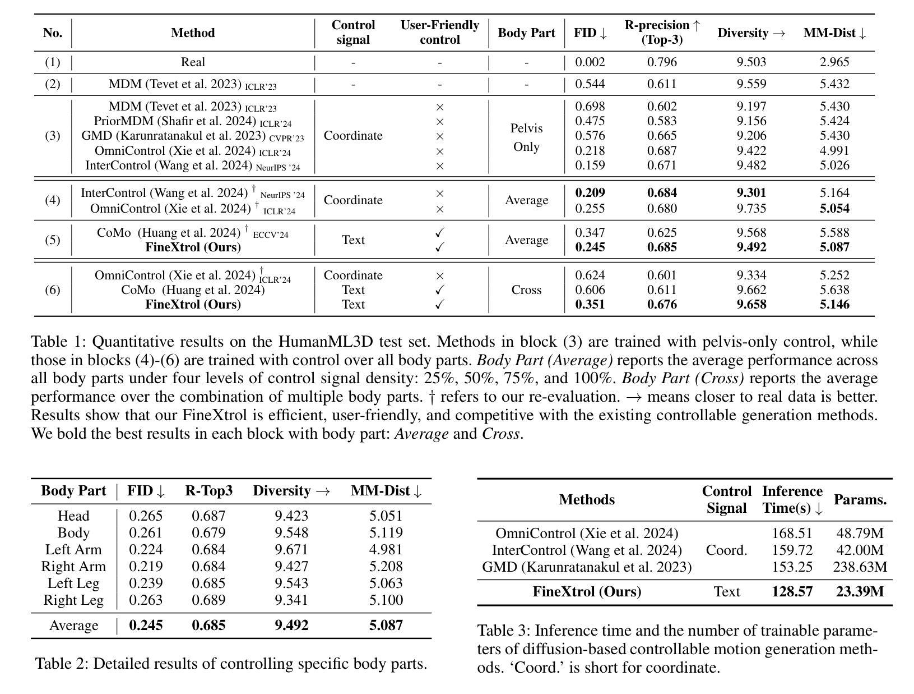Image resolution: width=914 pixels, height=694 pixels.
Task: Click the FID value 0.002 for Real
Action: (x=590, y=62)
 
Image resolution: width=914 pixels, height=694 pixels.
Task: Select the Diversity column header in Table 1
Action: (x=751, y=33)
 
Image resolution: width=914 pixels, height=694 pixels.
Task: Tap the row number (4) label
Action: (x=53, y=200)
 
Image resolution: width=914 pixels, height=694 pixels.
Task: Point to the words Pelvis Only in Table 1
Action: (x=526, y=137)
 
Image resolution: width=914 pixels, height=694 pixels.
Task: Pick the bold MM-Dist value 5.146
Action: (x=834, y=305)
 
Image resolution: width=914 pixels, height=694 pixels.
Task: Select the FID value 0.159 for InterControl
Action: (x=590, y=166)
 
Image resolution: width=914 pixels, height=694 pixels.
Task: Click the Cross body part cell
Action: (x=526, y=290)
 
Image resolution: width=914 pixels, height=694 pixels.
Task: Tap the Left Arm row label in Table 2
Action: (x=73, y=550)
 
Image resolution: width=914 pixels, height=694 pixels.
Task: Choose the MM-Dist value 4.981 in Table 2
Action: (x=386, y=550)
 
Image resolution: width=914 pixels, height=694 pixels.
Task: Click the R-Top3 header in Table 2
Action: (x=208, y=491)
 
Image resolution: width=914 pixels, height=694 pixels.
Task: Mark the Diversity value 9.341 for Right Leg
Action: (x=291, y=600)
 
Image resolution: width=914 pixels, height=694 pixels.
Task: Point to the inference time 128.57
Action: (x=792, y=592)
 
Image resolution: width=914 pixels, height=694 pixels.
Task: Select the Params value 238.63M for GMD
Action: (x=860, y=567)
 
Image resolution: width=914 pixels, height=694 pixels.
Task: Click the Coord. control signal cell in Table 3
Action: (x=726, y=550)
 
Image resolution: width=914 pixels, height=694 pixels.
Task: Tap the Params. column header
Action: (x=860, y=500)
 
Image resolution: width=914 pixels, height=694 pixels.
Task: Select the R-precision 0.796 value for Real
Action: (x=662, y=62)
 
